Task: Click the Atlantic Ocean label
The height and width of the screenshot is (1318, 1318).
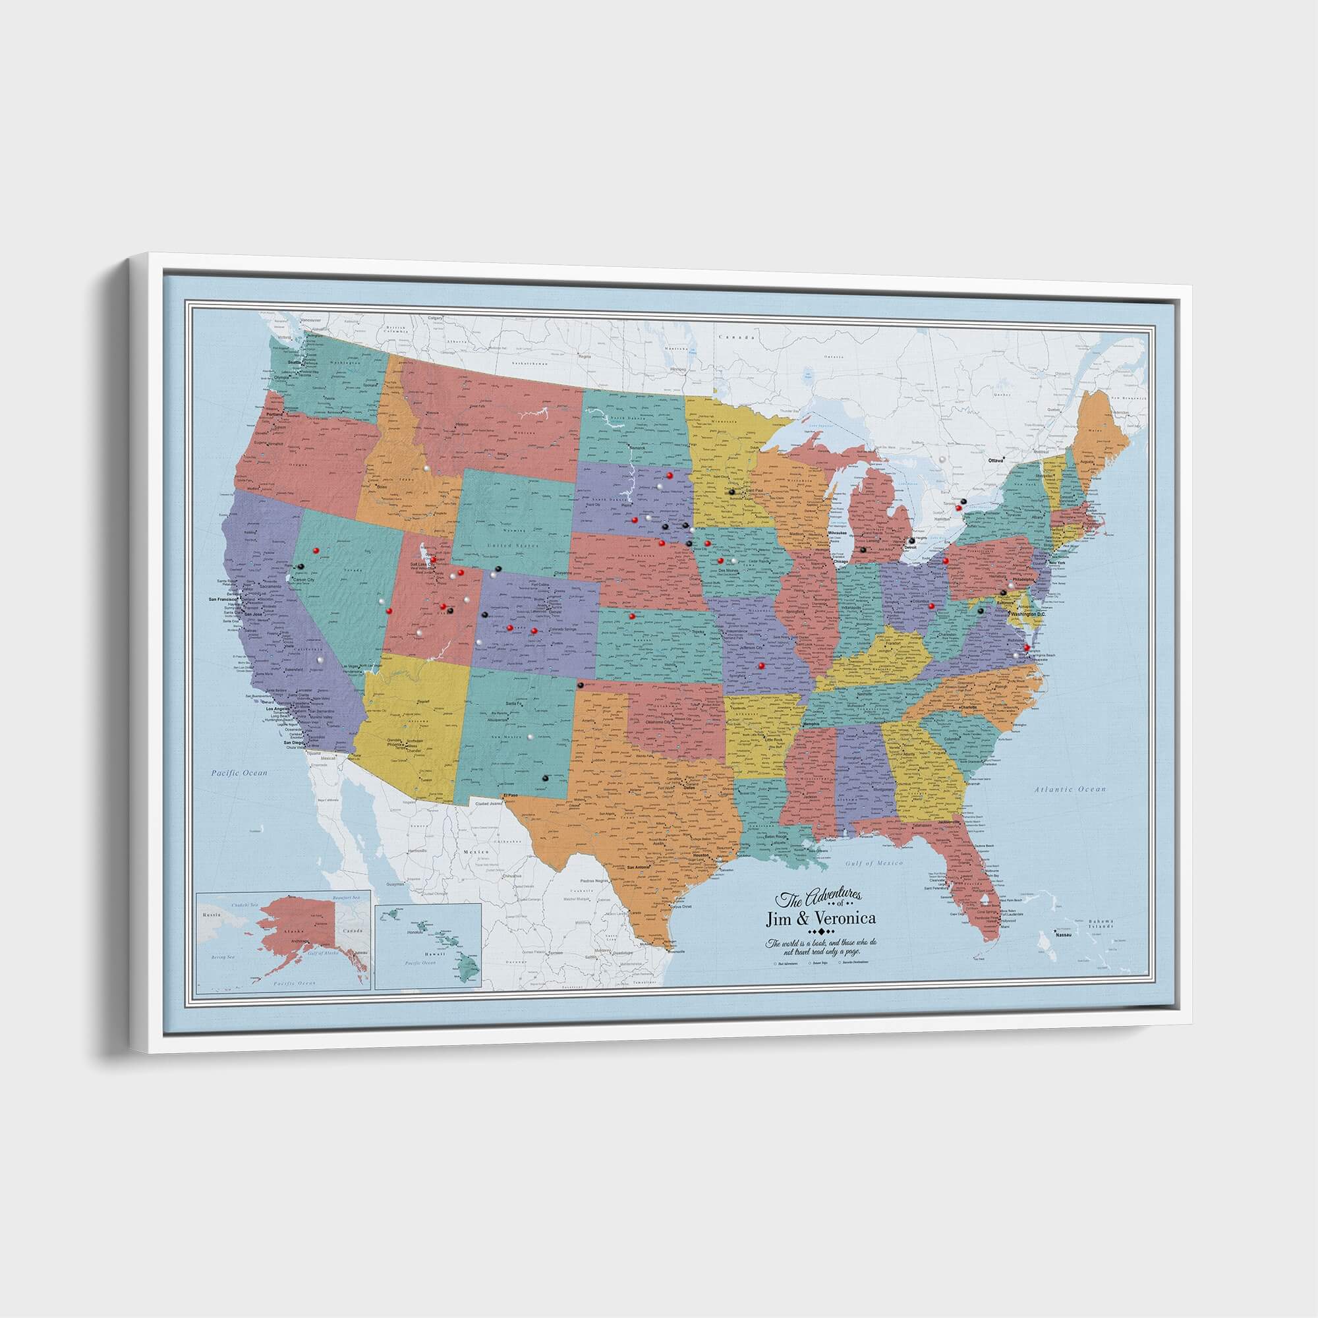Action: (x=1070, y=789)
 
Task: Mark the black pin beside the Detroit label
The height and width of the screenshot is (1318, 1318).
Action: (x=911, y=540)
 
